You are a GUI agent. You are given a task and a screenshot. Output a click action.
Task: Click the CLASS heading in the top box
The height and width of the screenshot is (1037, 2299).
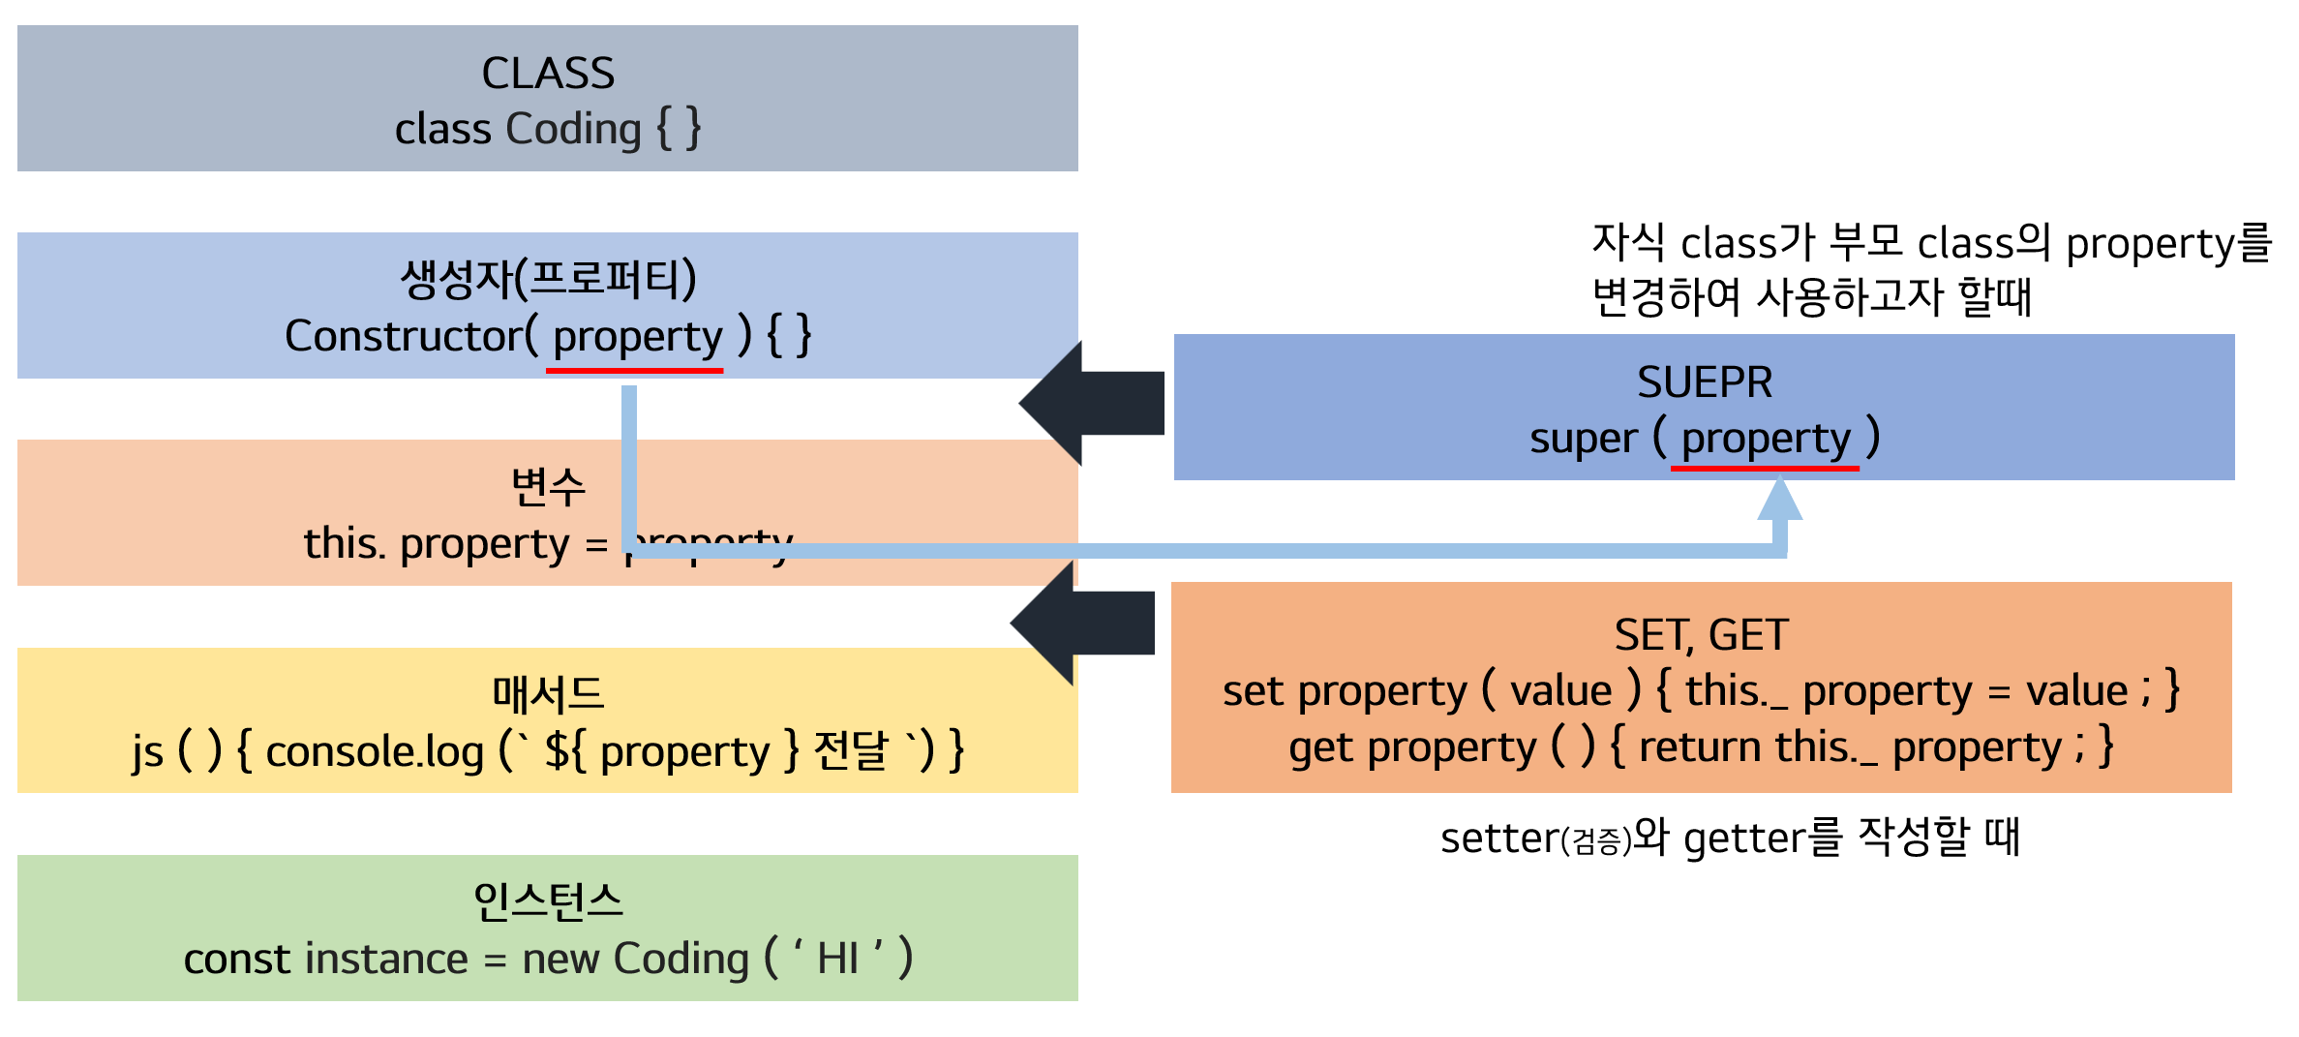[x=548, y=74]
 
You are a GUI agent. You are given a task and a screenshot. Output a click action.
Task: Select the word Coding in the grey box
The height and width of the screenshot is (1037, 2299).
[x=573, y=129]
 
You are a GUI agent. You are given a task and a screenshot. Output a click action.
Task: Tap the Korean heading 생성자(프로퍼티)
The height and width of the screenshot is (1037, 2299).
[x=548, y=279]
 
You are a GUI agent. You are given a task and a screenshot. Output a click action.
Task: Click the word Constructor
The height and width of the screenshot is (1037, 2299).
[x=404, y=336]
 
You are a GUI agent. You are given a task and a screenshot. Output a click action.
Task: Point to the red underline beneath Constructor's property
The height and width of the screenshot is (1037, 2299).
[x=634, y=370]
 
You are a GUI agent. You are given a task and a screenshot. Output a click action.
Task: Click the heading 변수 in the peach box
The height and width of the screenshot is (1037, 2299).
[x=548, y=486]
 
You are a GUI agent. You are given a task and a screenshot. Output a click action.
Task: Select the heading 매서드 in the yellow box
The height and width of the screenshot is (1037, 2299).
[x=548, y=693]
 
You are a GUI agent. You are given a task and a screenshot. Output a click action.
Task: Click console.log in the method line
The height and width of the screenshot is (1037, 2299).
[x=375, y=751]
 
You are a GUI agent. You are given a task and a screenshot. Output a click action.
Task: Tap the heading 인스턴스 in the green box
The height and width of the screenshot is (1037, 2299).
[x=548, y=901]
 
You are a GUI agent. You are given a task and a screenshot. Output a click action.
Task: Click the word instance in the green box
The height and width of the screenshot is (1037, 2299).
[x=387, y=959]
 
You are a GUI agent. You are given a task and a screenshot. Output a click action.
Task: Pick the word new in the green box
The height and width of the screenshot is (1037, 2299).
[x=560, y=959]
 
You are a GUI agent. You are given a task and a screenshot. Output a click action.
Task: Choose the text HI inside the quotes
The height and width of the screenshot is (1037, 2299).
[x=837, y=959]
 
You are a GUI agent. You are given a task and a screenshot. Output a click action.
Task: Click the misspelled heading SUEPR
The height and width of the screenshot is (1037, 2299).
[x=1705, y=382]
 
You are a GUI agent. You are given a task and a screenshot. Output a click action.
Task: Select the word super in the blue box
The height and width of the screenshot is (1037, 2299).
[x=1584, y=439]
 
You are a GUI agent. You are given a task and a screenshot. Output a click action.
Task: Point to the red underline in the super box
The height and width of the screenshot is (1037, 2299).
[x=1765, y=469]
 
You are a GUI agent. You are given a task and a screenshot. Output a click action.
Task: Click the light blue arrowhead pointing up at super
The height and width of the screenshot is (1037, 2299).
[x=1779, y=502]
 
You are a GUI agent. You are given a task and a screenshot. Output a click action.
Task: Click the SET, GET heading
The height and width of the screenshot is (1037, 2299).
[x=1701, y=635]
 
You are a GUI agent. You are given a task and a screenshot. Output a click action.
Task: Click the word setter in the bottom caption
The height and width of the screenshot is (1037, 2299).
[x=1498, y=838]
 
